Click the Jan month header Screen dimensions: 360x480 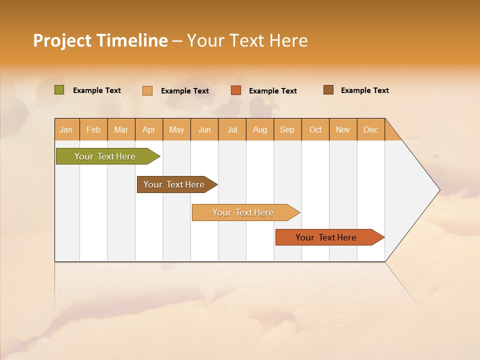(x=66, y=129)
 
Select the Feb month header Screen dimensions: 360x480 (x=93, y=129)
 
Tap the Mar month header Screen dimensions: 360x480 (x=121, y=129)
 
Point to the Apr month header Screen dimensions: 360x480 (x=149, y=129)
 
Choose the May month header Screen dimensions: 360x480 (x=176, y=129)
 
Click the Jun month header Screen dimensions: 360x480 (x=204, y=129)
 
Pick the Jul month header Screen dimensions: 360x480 (x=232, y=129)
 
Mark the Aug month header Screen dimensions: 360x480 (x=260, y=129)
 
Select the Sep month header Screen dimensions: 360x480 (x=287, y=129)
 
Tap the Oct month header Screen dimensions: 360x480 (x=315, y=129)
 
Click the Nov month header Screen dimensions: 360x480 (x=343, y=129)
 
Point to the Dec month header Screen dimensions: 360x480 (x=371, y=129)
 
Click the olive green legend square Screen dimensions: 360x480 (x=59, y=90)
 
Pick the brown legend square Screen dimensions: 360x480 (x=328, y=90)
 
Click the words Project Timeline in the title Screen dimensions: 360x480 (x=100, y=40)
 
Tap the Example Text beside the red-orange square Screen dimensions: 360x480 (x=272, y=91)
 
